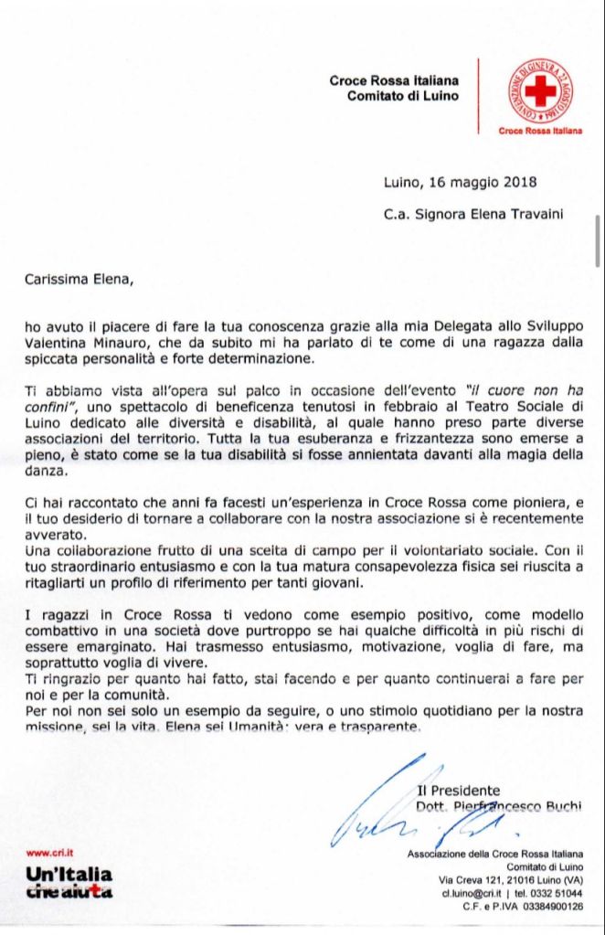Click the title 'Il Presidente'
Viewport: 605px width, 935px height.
pos(459,790)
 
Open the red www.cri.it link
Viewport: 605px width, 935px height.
pos(44,853)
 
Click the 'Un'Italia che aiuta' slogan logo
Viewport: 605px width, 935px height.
pos(69,883)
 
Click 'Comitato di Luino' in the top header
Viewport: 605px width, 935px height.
pos(403,96)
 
